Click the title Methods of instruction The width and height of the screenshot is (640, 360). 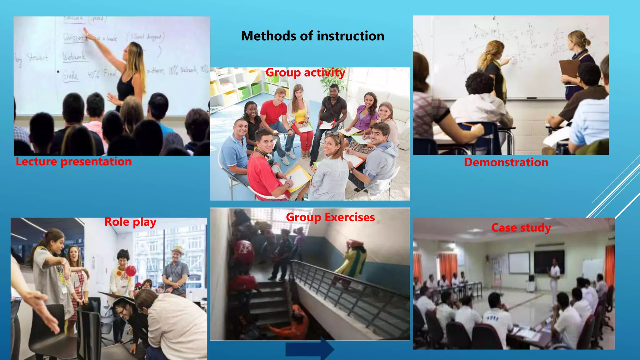click(x=312, y=36)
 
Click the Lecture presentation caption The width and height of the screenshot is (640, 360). click(x=74, y=162)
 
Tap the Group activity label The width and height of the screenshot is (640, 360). click(x=305, y=72)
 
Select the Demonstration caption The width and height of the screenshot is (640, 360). click(x=506, y=162)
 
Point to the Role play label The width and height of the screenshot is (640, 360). click(x=130, y=222)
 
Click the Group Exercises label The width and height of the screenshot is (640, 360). click(x=330, y=217)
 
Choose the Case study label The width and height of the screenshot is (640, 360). click(x=521, y=227)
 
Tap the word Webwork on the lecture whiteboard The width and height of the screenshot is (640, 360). click(x=74, y=57)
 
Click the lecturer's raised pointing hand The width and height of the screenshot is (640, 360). click(x=85, y=31)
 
